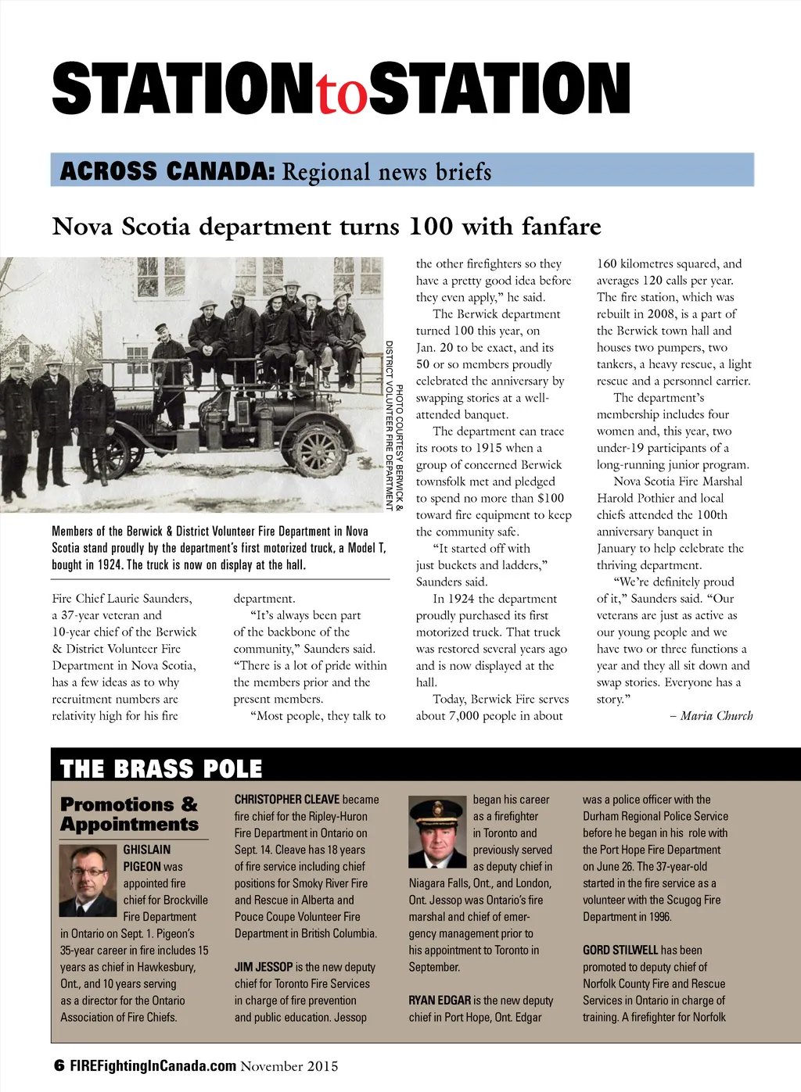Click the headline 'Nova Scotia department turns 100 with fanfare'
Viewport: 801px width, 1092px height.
[x=326, y=227]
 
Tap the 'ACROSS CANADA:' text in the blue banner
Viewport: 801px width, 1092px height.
[x=167, y=170]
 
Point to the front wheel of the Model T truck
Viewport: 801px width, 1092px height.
[x=318, y=452]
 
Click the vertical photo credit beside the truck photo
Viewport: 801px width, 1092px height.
[x=394, y=426]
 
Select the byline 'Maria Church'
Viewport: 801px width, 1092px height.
[x=716, y=715]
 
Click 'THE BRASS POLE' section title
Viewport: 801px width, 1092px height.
[x=161, y=769]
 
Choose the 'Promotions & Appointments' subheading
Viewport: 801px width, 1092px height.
[x=130, y=814]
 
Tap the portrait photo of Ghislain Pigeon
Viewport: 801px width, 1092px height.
[x=88, y=880]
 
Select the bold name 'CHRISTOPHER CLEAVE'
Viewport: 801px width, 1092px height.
[x=287, y=800]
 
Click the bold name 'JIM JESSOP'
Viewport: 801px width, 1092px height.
[x=264, y=967]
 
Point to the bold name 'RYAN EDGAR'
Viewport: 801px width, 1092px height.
[x=440, y=1001]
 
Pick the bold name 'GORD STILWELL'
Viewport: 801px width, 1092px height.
[x=620, y=951]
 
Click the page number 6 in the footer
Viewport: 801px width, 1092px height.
[x=59, y=1065]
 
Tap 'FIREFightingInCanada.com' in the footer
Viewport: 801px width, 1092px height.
[x=153, y=1065]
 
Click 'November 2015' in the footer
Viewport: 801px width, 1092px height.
[x=289, y=1066]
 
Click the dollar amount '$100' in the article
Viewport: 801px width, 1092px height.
[x=551, y=498]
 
